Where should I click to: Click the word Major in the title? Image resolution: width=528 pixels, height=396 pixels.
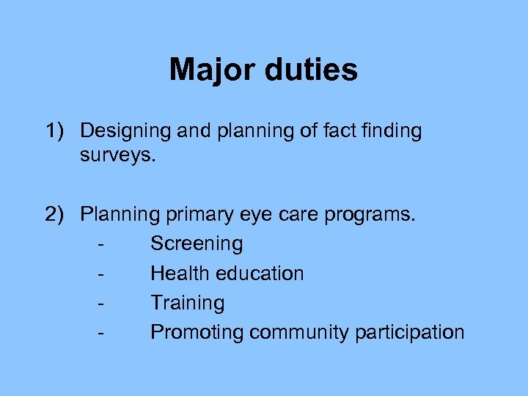[213, 70]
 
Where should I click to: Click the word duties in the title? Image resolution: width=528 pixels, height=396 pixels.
[311, 70]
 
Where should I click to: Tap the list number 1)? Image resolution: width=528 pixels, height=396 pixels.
[57, 131]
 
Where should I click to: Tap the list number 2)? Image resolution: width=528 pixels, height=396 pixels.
[57, 215]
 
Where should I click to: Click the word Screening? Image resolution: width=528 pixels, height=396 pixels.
[196, 244]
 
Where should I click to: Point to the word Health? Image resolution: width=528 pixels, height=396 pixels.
[175, 274]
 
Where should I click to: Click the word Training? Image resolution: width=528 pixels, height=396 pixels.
[187, 303]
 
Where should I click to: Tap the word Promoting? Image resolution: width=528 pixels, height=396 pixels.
[197, 333]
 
